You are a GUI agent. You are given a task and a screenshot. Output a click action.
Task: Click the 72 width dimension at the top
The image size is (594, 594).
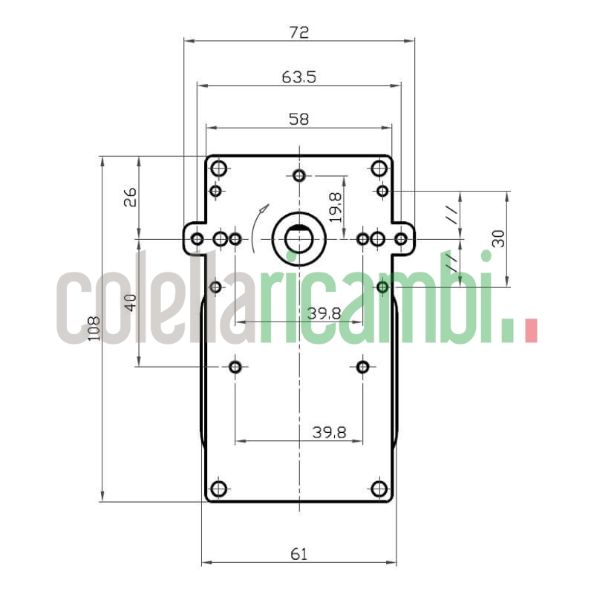click(x=298, y=32)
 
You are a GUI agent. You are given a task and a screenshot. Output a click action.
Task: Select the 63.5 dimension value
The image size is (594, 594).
click(x=298, y=76)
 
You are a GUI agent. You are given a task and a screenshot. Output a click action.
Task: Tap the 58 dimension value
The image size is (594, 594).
click(x=298, y=118)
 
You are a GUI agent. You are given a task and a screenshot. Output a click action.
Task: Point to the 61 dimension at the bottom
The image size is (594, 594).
click(x=298, y=553)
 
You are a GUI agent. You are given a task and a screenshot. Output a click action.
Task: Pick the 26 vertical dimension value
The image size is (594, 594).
click(x=130, y=198)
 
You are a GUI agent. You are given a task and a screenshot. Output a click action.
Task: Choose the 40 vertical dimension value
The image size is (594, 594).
click(x=130, y=302)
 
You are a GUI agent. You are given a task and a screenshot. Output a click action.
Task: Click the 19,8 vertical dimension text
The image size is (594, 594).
click(x=335, y=207)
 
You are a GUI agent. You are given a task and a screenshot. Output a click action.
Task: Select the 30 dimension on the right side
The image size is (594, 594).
click(x=498, y=238)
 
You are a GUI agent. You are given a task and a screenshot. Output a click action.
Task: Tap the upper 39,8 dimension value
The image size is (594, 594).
click(x=324, y=313)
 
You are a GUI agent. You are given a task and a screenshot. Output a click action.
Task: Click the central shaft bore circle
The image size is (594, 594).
click(x=298, y=238)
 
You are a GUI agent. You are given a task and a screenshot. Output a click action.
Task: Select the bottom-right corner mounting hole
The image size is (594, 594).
click(x=379, y=489)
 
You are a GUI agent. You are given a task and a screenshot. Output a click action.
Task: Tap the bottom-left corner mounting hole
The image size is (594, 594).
click(x=218, y=489)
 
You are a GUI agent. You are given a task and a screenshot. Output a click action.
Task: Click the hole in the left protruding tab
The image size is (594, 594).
click(x=197, y=238)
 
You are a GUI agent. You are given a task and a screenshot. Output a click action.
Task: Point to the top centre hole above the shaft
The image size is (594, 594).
click(x=298, y=175)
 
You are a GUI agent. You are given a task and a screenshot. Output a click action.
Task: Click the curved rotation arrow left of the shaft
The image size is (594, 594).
click(x=256, y=229)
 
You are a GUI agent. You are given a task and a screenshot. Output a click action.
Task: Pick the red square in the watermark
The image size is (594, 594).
click(x=530, y=330)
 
